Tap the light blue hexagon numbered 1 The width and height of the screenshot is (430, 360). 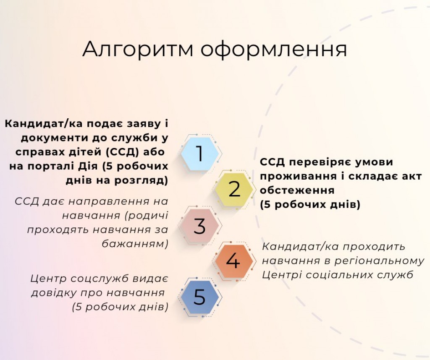click(200, 154)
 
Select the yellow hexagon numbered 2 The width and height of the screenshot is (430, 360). click(234, 189)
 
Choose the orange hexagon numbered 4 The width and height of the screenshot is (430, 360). click(233, 261)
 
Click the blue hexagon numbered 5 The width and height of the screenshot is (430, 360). click(199, 297)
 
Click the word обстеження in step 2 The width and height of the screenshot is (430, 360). click(297, 190)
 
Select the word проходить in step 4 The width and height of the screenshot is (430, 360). click(374, 247)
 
